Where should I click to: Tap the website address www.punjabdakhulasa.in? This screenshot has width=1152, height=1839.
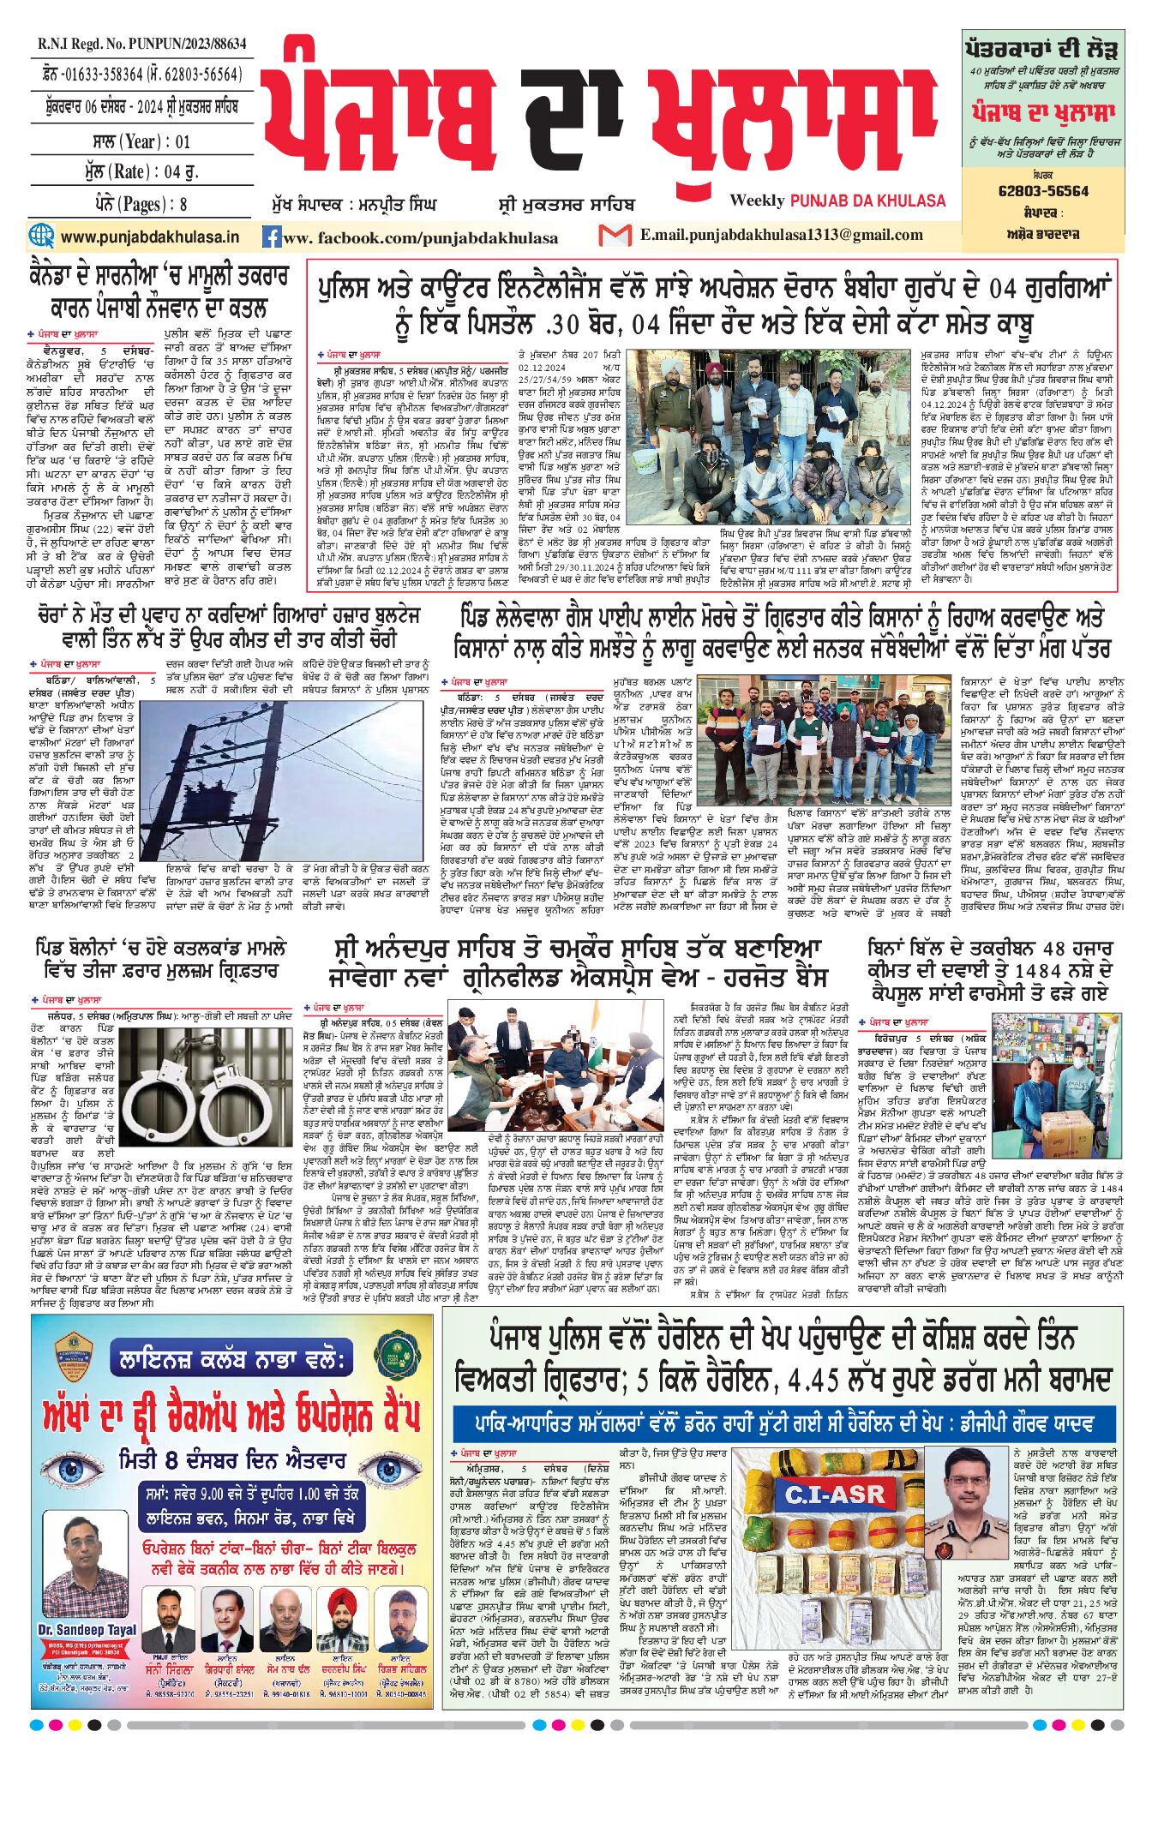[x=150, y=237]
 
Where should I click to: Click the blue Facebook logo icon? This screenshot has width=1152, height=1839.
[x=272, y=237]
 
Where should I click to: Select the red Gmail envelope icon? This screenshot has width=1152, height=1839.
[x=615, y=235]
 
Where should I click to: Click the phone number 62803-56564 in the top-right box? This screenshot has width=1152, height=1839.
[x=1043, y=191]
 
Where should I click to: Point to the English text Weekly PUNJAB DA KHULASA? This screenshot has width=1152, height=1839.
[x=837, y=201]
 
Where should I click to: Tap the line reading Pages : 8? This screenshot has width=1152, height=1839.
[x=141, y=204]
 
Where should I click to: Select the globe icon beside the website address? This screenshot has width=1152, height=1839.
[x=40, y=236]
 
